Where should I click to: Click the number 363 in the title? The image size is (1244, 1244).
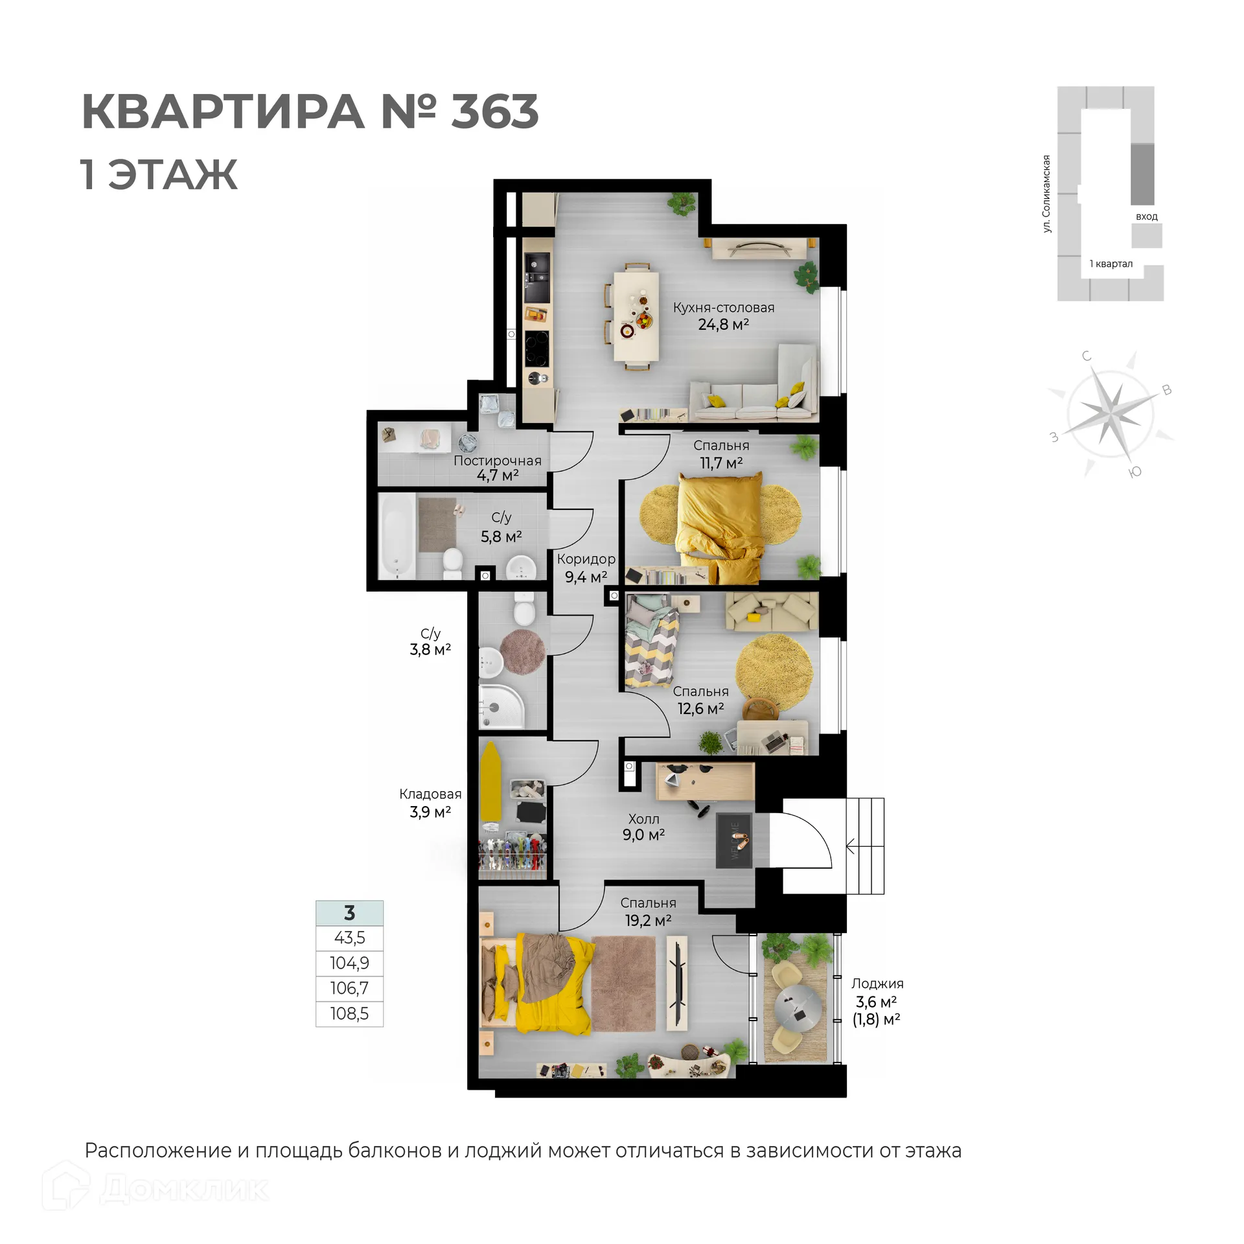(494, 111)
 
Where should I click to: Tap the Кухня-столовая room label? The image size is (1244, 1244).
(723, 308)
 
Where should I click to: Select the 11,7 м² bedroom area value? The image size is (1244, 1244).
(720, 463)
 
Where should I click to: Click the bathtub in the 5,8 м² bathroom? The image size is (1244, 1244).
(397, 535)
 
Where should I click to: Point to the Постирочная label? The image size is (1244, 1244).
(497, 461)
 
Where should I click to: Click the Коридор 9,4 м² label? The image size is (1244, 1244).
(586, 568)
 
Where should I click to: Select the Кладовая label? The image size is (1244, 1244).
(430, 794)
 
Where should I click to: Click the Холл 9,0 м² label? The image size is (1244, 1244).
(643, 827)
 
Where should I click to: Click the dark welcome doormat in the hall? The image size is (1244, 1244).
(734, 840)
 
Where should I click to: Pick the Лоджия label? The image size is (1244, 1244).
(877, 984)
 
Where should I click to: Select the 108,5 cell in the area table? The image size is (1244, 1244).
(349, 1014)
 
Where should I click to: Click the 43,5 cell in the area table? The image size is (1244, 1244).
(349, 938)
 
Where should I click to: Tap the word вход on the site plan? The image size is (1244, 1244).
(1146, 216)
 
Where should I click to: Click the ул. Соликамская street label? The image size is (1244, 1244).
(1046, 194)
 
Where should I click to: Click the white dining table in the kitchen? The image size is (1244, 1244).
(637, 316)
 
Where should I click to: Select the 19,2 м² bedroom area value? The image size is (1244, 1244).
(648, 921)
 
